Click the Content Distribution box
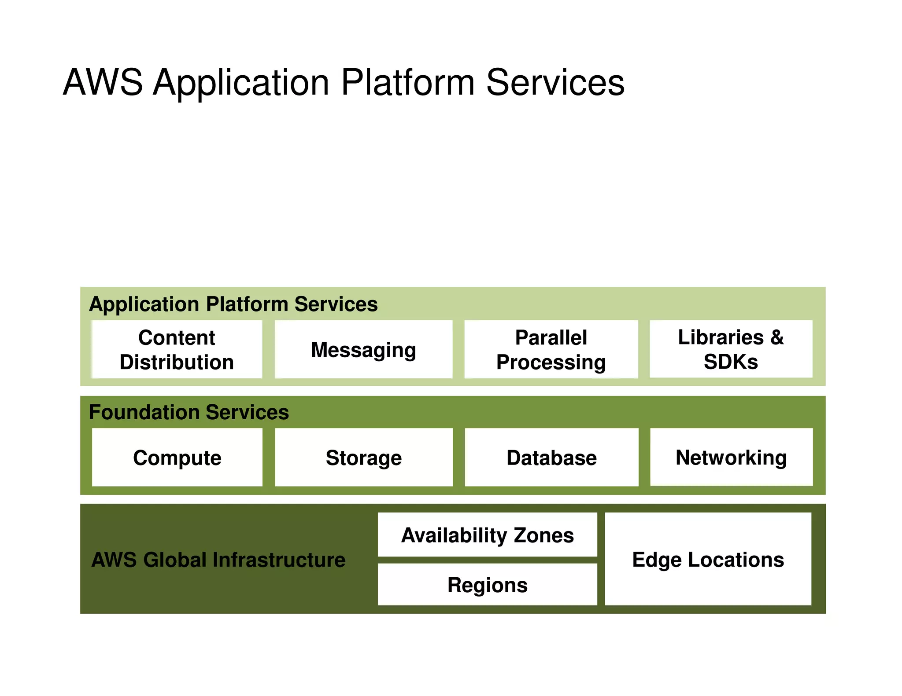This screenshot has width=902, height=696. (177, 349)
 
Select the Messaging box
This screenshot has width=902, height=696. (363, 349)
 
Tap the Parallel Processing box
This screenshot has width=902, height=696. (551, 349)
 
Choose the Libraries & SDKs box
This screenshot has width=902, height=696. (731, 349)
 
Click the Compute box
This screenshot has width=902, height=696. (177, 457)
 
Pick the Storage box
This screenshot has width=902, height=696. (363, 457)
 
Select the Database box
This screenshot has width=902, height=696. (551, 457)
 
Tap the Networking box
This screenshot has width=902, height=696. (731, 457)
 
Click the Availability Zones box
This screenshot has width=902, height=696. (487, 535)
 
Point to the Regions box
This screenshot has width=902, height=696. (487, 584)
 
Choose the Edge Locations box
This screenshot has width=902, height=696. (708, 559)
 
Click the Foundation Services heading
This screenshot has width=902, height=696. (189, 412)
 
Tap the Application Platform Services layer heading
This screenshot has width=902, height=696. (233, 304)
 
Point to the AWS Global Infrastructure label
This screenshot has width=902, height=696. (218, 560)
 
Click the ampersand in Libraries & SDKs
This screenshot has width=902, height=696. (777, 337)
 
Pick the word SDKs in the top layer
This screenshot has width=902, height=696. (731, 362)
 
